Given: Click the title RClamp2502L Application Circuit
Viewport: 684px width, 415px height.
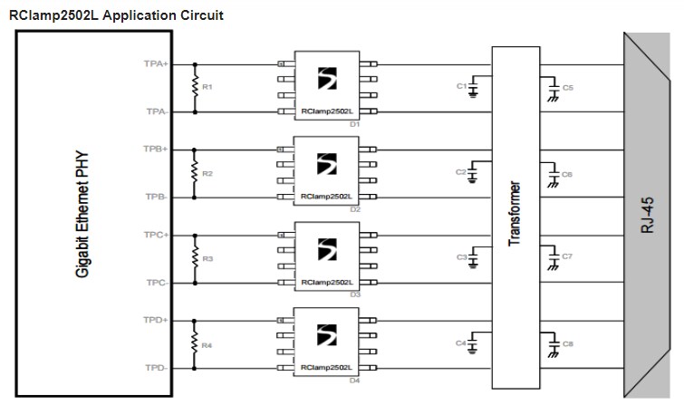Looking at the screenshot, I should [x=116, y=15].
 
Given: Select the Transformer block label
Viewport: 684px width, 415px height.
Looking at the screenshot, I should [x=514, y=215].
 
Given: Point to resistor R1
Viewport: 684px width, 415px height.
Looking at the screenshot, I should [x=193, y=87].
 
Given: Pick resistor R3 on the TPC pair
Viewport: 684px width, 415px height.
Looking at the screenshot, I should [x=193, y=259].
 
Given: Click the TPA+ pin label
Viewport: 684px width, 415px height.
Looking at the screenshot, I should [x=156, y=64].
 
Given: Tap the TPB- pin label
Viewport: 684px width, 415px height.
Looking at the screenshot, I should [x=156, y=197].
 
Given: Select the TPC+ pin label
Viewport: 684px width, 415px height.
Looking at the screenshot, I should [x=156, y=235].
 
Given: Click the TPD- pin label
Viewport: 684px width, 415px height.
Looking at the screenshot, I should [x=156, y=368].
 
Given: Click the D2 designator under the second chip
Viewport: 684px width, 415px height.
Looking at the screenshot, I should [x=355, y=209].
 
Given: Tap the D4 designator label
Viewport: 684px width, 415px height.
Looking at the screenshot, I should [x=355, y=381].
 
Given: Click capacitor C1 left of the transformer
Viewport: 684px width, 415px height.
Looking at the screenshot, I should [x=472, y=87].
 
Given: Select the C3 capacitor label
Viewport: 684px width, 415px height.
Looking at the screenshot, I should [x=461, y=258].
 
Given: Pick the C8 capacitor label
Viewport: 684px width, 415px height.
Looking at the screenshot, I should [x=568, y=344].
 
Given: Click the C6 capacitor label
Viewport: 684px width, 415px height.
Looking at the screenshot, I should [x=568, y=173].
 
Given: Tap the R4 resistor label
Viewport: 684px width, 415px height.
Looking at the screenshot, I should [x=207, y=345].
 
